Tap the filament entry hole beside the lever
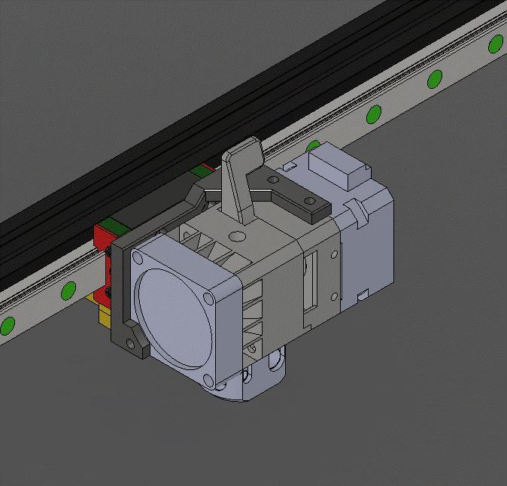tap(238, 236)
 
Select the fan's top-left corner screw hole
tap(137, 257)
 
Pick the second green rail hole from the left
tap(69, 289)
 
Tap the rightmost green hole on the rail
tap(495, 44)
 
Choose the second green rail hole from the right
tap(435, 78)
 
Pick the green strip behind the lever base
tap(201, 170)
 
